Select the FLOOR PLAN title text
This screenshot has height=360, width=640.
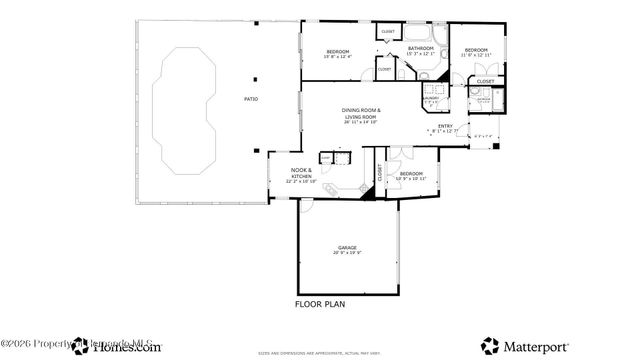[320, 303]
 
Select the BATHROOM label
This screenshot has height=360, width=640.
[420, 48]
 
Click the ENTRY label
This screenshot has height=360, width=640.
[446, 126]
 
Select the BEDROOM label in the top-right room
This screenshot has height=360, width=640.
[475, 50]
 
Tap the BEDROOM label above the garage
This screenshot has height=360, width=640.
[411, 174]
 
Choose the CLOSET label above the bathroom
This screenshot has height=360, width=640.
[389, 32]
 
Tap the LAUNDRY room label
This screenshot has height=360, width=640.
[432, 100]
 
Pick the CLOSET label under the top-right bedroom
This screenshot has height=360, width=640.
[485, 81]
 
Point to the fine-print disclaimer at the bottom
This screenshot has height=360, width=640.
[320, 353]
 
